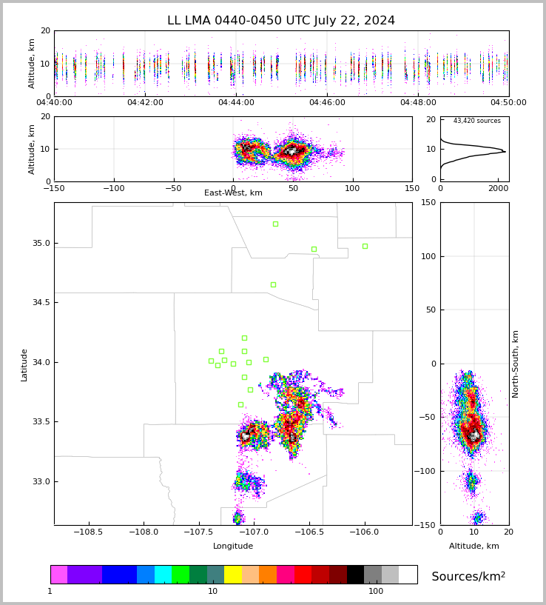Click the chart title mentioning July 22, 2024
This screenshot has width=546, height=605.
(281, 21)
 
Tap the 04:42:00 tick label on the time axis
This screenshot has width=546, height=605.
(145, 103)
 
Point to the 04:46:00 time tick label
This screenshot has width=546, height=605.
(327, 103)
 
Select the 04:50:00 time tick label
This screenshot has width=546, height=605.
(508, 103)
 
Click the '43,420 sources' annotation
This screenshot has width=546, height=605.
(476, 121)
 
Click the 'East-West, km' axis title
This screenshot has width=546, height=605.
(233, 193)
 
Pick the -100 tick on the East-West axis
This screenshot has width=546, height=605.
(113, 188)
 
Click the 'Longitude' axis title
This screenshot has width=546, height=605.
(233, 546)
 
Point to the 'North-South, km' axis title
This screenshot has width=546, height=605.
(516, 364)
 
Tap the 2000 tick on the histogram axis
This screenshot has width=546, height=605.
(497, 188)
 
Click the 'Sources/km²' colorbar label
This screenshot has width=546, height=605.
(468, 577)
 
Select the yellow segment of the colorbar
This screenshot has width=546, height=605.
(233, 575)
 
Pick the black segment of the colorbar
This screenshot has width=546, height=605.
(355, 575)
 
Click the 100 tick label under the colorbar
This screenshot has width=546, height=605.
(376, 592)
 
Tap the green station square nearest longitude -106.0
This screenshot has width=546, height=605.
(365, 246)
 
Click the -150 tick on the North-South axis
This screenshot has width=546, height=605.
(427, 525)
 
